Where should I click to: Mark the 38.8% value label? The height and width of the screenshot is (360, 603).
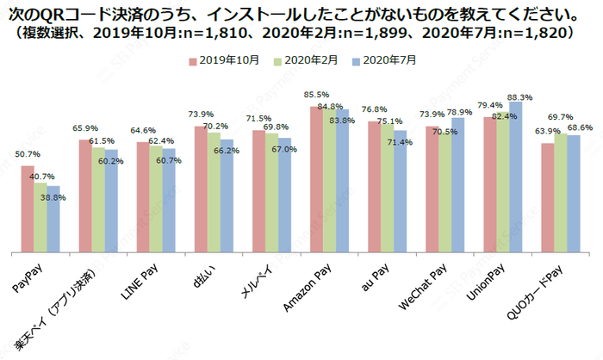tap(53, 198)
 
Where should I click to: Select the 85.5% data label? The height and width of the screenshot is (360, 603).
tap(314, 95)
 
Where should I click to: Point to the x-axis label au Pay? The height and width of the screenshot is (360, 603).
tap(376, 276)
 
